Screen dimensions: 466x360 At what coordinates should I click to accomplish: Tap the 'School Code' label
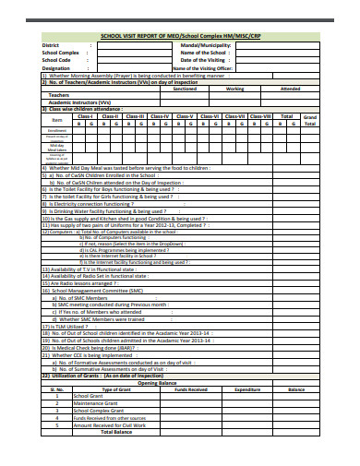pyautogui.click(x=57, y=59)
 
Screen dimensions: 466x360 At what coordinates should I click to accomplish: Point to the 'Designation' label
pyautogui.click(x=55, y=67)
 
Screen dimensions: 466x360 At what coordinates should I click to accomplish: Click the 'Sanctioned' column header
pyautogui.click(x=185, y=89)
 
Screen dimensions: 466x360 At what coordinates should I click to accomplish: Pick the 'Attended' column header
pyautogui.click(x=290, y=89)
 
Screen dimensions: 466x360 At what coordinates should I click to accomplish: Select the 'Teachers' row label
pyautogui.click(x=58, y=95)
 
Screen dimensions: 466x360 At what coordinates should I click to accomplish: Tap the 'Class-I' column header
pyautogui.click(x=85, y=116)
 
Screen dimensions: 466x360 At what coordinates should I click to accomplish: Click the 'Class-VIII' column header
pyautogui.click(x=260, y=116)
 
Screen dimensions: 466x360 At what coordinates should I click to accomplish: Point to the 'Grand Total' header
pyautogui.click(x=310, y=120)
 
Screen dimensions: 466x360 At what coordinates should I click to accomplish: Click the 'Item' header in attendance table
pyautogui.click(x=57, y=120)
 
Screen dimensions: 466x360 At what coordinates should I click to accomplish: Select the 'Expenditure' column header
pyautogui.click(x=247, y=389)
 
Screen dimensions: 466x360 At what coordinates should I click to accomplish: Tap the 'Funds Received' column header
pyautogui.click(x=190, y=389)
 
